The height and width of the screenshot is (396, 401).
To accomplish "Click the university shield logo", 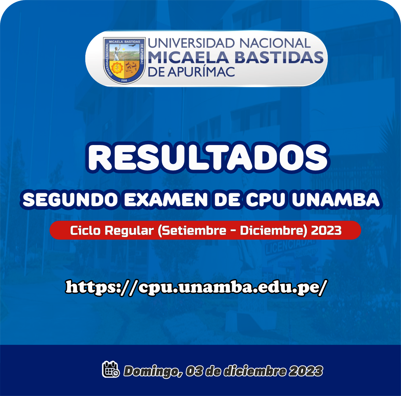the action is (124, 61).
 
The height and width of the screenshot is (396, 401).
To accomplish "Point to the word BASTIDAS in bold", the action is (279, 57).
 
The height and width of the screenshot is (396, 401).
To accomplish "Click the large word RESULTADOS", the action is (208, 157).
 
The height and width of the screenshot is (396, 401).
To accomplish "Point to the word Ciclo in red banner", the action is (85, 230).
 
